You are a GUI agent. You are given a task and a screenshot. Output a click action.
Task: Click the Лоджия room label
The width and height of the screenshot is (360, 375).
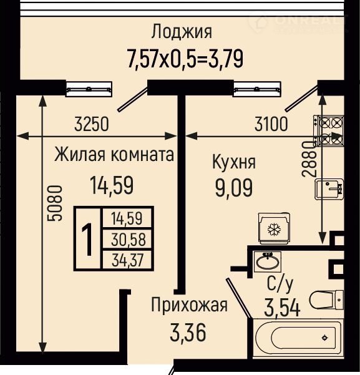pos(182,32)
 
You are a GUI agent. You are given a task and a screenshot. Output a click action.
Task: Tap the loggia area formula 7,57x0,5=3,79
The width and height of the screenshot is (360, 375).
pos(185,59)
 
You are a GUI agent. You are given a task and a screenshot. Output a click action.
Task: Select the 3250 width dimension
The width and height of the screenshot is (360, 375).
pos(92,124)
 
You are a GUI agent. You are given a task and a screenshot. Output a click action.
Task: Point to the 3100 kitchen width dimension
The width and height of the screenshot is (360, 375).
pos(271,124)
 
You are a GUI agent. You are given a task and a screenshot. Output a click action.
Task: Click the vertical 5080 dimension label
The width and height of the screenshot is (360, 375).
pos(55,203)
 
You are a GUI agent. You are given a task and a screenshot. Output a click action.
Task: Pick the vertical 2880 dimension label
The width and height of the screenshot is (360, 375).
pos(309,159)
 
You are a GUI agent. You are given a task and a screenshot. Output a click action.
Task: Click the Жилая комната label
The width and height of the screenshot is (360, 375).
pos(114,155)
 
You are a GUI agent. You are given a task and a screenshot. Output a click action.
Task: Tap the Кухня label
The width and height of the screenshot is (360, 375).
pos(234,162)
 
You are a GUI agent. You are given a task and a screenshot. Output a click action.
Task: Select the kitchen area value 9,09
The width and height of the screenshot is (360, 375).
pos(234,188)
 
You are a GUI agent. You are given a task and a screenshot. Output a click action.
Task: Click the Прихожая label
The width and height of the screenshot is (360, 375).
pos(190,305)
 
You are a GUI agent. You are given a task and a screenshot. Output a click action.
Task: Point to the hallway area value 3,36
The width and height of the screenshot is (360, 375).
pos(188,333)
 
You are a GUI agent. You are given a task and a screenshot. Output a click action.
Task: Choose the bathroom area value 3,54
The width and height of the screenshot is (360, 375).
pos(282,308)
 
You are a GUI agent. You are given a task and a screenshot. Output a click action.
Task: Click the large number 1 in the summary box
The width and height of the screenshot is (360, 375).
pos(88,240)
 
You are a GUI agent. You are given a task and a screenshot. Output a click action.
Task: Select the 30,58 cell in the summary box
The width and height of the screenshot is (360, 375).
pos(128,240)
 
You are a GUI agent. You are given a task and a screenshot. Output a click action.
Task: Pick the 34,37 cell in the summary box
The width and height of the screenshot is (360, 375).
pos(128,260)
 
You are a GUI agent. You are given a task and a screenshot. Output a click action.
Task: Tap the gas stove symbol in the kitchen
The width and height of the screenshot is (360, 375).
pos(329,130)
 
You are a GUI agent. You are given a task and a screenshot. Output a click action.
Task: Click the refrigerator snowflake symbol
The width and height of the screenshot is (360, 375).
pos(275,229)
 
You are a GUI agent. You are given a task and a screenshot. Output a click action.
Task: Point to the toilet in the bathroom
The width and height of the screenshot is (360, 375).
pos(326,300)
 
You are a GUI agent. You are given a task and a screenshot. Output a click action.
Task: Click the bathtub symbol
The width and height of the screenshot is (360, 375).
pos(299,338)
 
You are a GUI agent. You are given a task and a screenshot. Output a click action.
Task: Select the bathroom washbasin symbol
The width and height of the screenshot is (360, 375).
pos(268,261)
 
